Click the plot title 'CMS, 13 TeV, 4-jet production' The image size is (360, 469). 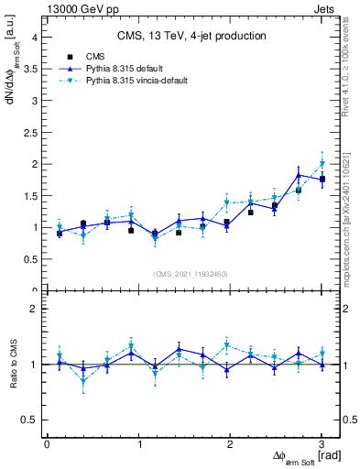[191, 36]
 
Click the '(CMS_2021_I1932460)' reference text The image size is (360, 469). [191, 273]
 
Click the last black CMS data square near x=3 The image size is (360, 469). [322, 179]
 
